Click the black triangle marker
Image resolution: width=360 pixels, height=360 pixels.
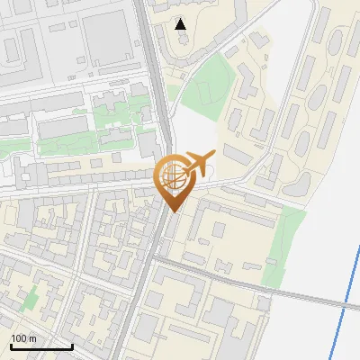point(181,24)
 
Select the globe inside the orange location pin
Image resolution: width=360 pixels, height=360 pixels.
point(172,175)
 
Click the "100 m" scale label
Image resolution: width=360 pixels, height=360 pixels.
point(23,338)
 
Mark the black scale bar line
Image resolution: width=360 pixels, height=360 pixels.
point(41,346)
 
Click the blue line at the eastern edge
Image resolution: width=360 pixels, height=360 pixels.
point(346,306)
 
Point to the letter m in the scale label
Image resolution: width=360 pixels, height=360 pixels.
point(32,338)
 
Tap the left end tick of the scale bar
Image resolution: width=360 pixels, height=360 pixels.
point(11,345)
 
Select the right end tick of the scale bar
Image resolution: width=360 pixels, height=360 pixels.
point(72,345)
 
